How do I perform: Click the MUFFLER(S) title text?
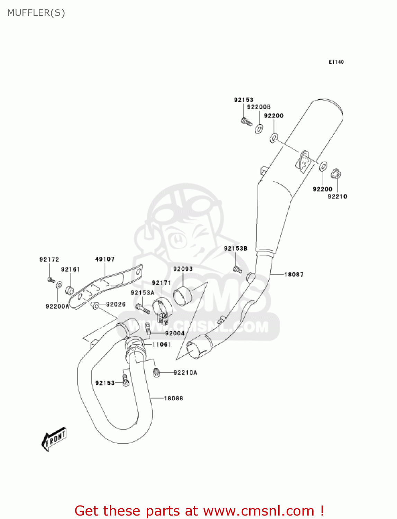[36, 13]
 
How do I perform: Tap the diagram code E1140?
[336, 62]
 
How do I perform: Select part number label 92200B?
[259, 107]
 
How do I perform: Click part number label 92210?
[337, 197]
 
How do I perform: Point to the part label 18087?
[294, 274]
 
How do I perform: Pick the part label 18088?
[173, 398]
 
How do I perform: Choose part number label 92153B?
[235, 248]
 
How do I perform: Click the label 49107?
[105, 259]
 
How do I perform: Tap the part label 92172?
[49, 259]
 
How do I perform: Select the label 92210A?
[185, 373]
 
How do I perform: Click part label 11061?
[162, 344]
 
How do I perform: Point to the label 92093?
[183, 269]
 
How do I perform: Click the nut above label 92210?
[336, 173]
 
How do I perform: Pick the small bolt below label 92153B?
[237, 270]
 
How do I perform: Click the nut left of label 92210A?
[157, 373]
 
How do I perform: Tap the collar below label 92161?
[70, 290]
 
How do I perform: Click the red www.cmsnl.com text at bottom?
[258, 511]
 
